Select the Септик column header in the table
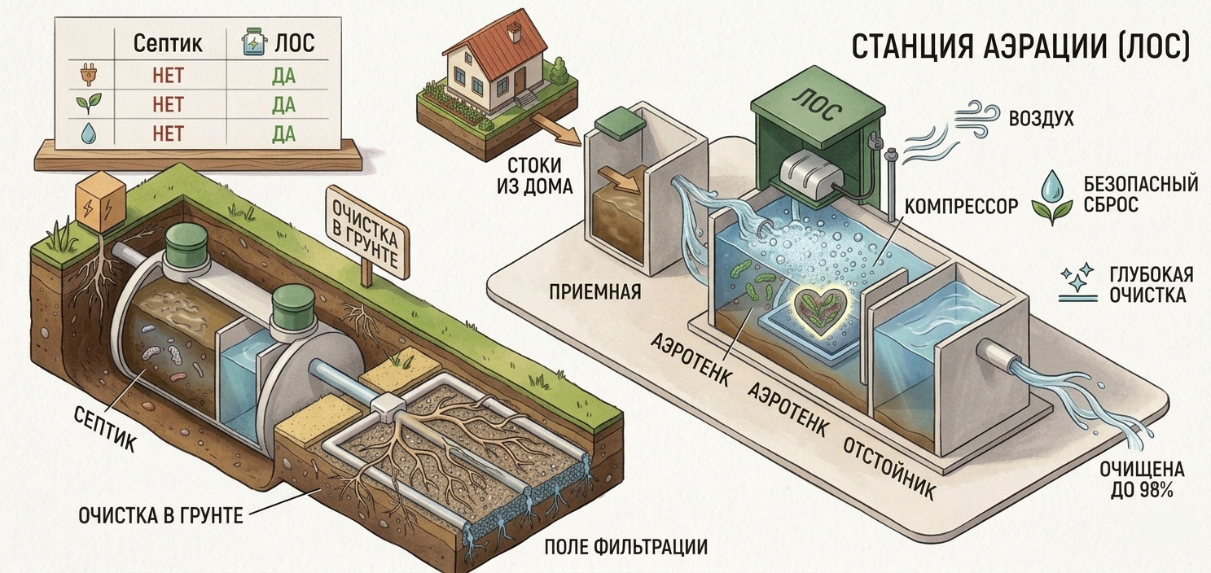coord(168,43)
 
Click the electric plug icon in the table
coord(88,75)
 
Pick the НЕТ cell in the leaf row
coord(168,105)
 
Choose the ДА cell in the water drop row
coord(284,133)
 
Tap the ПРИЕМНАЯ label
coord(595,292)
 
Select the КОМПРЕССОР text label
coord(961,206)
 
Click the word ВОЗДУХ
coord(1042,118)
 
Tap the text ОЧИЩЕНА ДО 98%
coord(1142,479)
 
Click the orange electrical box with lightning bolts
coord(101,203)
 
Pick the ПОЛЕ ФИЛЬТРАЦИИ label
coord(625,547)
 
